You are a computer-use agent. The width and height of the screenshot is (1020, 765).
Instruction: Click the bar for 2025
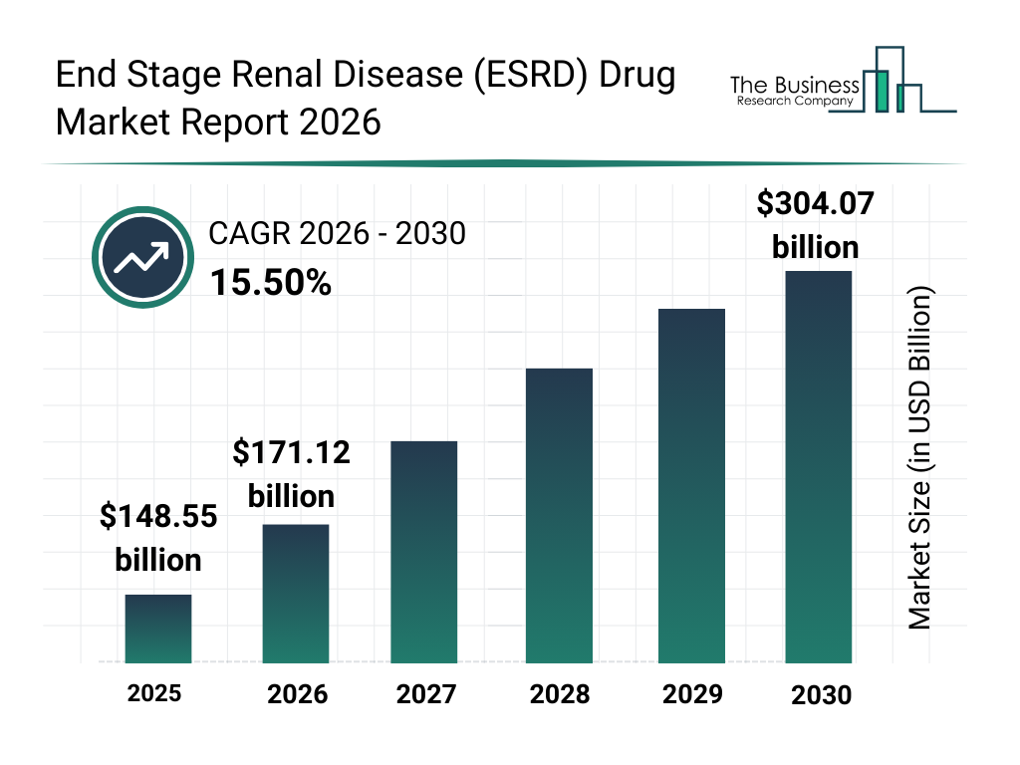(x=157, y=629)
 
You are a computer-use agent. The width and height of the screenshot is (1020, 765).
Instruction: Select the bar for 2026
(x=295, y=594)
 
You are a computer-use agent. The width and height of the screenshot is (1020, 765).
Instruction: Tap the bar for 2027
(x=423, y=552)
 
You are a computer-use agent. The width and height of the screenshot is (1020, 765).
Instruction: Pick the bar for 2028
(x=559, y=516)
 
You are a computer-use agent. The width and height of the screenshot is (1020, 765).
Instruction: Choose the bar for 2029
(x=691, y=486)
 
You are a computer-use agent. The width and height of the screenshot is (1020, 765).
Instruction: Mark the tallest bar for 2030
(x=819, y=466)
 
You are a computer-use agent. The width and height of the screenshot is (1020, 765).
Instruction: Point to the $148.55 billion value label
(x=158, y=538)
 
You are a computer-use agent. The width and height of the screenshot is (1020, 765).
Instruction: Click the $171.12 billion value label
(x=291, y=474)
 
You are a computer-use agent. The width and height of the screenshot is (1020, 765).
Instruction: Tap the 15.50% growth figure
(x=270, y=283)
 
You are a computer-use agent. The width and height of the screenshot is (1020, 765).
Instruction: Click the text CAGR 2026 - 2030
(x=337, y=235)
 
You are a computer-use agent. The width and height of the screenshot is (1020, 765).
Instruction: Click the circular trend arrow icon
(x=141, y=258)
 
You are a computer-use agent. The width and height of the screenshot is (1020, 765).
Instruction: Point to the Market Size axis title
(x=919, y=458)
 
